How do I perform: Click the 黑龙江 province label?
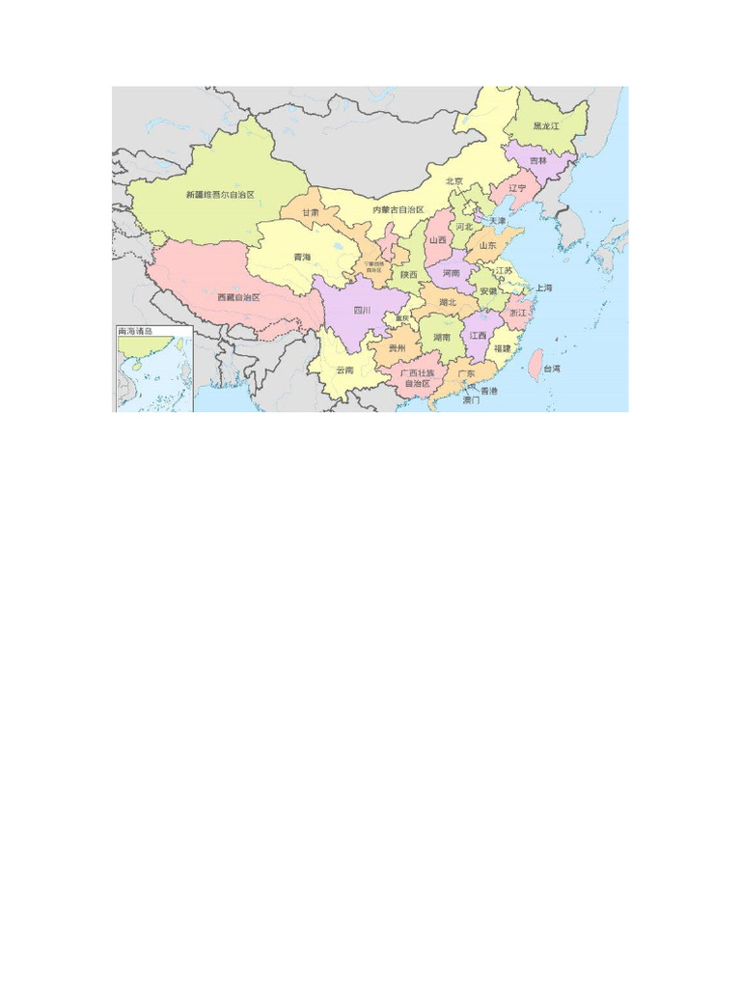546,126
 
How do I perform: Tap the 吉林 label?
536,161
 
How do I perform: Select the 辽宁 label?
517,188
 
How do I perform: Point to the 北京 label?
454,181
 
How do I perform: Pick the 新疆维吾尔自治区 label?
220,195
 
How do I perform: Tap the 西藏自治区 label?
239,297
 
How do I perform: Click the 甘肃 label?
309,212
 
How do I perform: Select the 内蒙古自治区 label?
398,209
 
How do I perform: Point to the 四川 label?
363,311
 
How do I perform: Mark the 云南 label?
344,370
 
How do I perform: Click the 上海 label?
544,288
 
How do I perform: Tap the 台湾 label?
552,369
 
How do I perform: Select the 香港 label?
489,391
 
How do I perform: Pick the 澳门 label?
471,399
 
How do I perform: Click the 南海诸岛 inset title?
136,332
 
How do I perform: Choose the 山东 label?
487,246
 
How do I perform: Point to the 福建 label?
503,347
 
